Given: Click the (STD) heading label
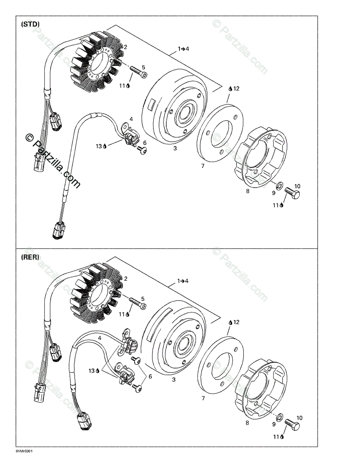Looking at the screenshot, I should pos(30,24).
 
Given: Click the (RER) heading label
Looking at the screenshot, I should pos(30,257).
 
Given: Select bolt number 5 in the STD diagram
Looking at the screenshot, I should pos(138,72).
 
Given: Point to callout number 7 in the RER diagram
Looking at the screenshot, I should pos(203,398).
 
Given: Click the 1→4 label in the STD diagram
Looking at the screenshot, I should pos(183,49).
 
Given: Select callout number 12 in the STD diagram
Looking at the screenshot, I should pos(236,89).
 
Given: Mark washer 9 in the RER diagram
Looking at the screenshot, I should pos(280,416).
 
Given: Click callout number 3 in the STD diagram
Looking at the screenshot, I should pos(175,148).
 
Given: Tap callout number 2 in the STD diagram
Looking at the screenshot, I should pos(125,47).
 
